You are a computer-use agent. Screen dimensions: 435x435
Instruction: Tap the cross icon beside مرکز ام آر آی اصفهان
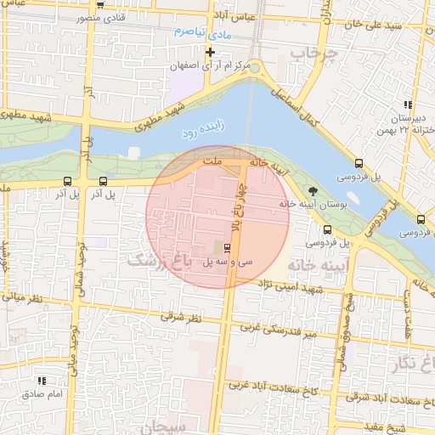tap(209, 53)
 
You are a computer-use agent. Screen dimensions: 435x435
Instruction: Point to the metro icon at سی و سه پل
tap(227, 248)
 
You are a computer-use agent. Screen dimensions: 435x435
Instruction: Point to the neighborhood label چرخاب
tap(314, 54)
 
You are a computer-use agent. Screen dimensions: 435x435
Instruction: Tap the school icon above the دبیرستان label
tap(407, 105)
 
